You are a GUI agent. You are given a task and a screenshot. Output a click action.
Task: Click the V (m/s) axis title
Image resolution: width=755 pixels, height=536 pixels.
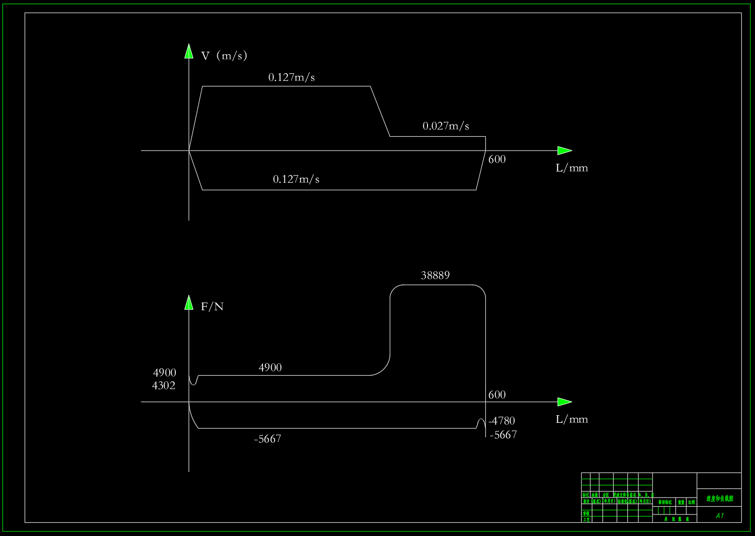coord(224,55)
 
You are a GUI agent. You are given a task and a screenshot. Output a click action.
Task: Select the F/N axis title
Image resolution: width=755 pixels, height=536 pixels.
coord(212,307)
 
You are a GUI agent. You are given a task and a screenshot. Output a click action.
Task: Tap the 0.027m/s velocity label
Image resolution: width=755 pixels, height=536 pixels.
coord(445,126)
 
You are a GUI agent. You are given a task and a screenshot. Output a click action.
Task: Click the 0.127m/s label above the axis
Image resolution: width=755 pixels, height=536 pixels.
coord(292,77)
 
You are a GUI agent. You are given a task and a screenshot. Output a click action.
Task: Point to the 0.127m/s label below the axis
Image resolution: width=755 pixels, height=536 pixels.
coord(296,179)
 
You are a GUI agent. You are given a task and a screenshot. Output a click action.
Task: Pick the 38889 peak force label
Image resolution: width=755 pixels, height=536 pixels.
coord(435,275)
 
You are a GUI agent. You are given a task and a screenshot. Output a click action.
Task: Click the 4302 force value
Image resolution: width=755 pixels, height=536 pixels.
coord(164,385)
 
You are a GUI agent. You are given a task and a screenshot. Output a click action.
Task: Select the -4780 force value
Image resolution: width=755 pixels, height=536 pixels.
coord(502,421)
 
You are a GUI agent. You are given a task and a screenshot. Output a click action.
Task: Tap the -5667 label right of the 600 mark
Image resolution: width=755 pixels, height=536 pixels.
coord(503,435)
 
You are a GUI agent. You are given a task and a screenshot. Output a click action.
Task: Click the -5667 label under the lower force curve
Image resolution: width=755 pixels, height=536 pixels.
coord(268,439)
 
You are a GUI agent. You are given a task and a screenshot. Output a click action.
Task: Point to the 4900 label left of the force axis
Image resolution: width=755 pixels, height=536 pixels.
coord(165,373)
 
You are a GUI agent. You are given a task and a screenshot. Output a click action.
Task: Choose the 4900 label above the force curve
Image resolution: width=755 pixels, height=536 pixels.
coord(270,368)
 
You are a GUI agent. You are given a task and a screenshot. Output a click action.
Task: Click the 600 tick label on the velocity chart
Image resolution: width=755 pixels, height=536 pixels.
coord(497,159)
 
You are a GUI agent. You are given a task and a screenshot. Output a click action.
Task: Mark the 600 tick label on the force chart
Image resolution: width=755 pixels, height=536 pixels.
coord(497,395)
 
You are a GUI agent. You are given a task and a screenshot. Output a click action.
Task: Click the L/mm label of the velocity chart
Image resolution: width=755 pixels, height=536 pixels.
coord(572,168)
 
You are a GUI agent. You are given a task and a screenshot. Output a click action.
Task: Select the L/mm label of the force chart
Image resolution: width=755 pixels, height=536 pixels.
coord(572,419)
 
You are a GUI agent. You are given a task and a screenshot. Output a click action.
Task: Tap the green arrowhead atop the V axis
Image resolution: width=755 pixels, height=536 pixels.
coord(189,51)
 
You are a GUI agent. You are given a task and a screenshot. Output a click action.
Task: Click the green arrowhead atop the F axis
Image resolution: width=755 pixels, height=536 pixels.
coord(189,303)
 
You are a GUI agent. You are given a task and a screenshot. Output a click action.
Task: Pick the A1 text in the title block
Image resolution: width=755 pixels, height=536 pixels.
coord(720,516)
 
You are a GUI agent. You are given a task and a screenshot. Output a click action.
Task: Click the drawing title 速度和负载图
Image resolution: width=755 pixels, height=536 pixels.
coord(720,498)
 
